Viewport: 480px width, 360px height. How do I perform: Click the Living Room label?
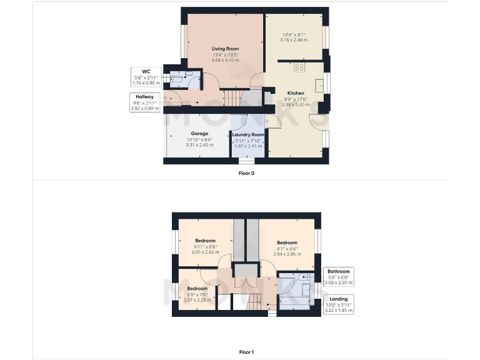[225, 49]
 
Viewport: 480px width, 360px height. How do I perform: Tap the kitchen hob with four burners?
[299, 67]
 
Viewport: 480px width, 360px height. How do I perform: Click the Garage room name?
[199, 133]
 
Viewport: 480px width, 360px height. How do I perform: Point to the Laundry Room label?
[248, 134]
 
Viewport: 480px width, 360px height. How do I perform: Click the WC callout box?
[146, 76]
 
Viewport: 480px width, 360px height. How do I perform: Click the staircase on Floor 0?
[232, 97]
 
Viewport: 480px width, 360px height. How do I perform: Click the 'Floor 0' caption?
[246, 173]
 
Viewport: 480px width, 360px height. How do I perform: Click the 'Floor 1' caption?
[246, 352]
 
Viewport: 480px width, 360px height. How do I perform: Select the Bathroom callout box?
[338, 276]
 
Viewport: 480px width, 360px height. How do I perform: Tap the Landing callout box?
[338, 303]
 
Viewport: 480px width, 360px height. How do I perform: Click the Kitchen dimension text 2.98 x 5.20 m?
[296, 104]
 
